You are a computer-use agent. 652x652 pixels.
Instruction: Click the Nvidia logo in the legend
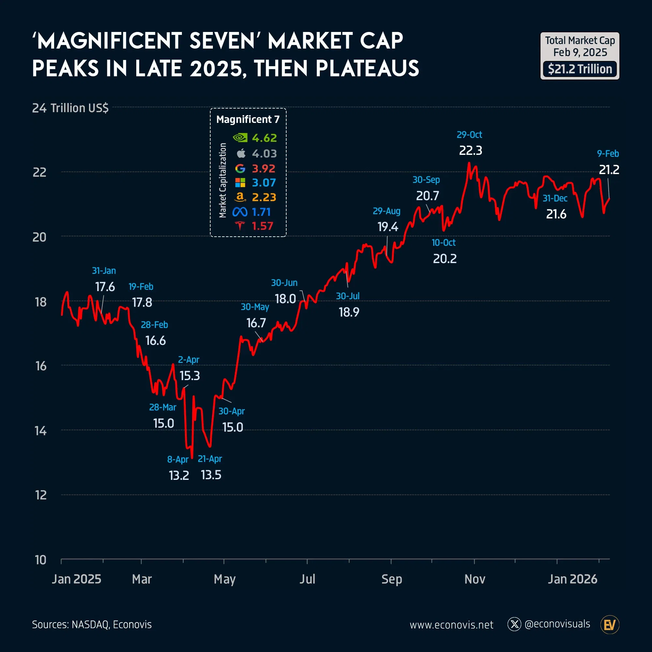click(x=240, y=138)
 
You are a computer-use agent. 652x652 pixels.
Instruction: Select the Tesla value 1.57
click(x=262, y=226)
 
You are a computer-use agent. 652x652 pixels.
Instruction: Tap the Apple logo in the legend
click(x=241, y=154)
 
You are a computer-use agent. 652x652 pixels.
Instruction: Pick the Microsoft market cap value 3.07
click(x=264, y=183)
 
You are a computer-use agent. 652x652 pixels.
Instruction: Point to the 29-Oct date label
click(x=469, y=135)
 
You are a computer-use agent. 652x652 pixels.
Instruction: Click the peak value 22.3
click(x=470, y=151)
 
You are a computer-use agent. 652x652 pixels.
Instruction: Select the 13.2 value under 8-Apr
click(x=179, y=476)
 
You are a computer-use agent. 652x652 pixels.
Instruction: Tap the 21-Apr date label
click(x=210, y=459)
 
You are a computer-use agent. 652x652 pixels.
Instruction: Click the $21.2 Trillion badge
click(x=580, y=69)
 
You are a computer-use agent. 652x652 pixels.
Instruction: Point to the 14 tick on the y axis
click(x=40, y=431)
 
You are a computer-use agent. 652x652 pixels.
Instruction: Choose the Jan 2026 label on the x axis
click(x=572, y=579)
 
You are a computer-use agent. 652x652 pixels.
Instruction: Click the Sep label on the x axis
click(x=392, y=579)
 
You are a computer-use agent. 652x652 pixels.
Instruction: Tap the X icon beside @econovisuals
click(x=514, y=624)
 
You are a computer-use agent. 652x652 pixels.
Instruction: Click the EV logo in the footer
click(x=610, y=625)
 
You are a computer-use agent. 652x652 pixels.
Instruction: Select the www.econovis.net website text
click(x=451, y=625)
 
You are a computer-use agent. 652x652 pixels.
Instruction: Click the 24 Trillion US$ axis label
click(x=70, y=108)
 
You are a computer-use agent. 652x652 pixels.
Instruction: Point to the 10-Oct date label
click(x=443, y=243)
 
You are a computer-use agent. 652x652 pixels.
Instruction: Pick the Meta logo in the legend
click(x=240, y=212)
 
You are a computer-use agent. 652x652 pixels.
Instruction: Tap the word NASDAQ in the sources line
click(x=90, y=625)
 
